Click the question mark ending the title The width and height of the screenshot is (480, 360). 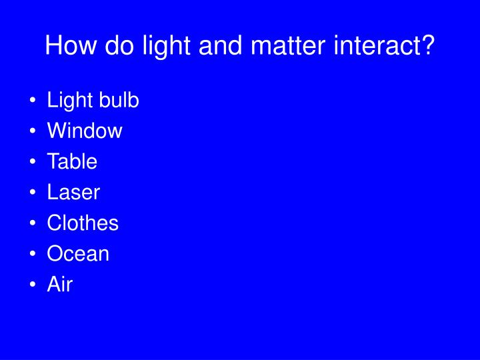[x=427, y=46]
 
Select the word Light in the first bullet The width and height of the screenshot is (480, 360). [x=70, y=101]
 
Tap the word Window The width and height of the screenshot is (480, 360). [x=85, y=131]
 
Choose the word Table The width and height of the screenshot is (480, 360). [x=72, y=162]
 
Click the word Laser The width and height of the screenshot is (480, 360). [x=73, y=193]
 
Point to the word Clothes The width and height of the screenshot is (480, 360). [x=83, y=223]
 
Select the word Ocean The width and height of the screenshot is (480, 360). [x=78, y=254]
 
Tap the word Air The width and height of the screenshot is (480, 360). [x=59, y=285]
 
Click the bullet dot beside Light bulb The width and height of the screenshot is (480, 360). [x=33, y=101]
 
